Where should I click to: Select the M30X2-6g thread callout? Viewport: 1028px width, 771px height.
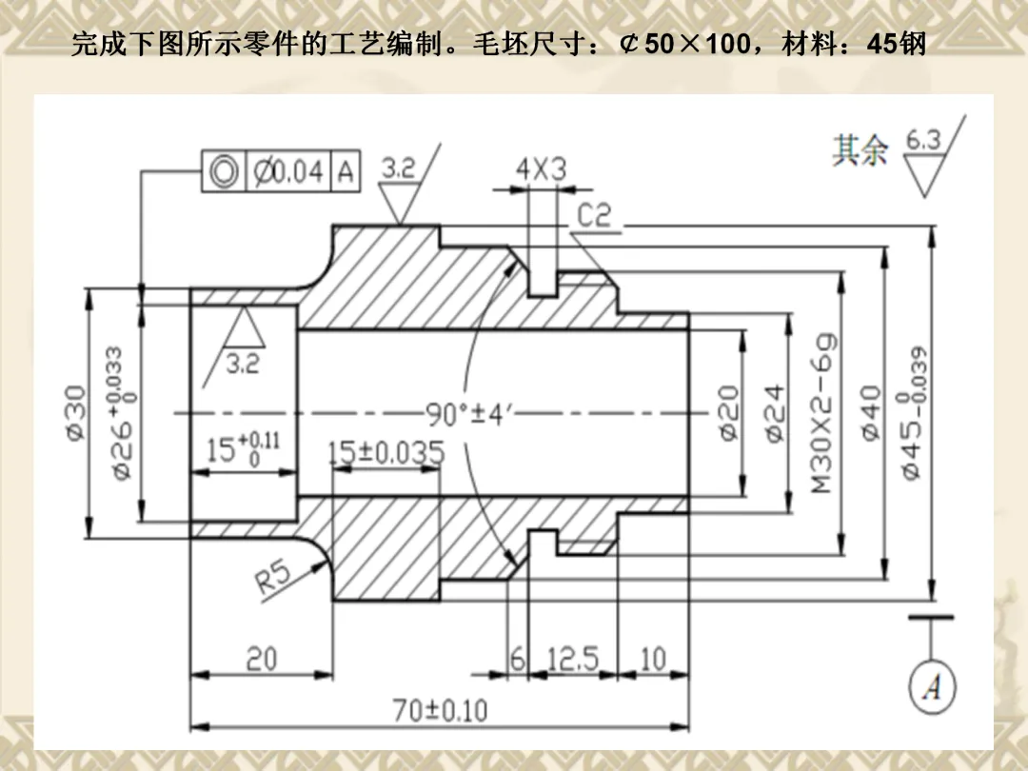[825, 411]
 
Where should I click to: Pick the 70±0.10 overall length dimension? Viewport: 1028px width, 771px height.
[440, 710]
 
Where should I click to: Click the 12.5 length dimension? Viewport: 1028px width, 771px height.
[573, 659]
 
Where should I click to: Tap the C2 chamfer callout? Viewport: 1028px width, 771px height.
[594, 216]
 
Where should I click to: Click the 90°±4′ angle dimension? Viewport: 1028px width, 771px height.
[465, 415]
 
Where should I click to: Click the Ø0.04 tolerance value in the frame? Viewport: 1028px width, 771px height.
[288, 172]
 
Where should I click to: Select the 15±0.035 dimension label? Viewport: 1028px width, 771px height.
[385, 453]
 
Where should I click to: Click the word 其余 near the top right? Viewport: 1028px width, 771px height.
[860, 149]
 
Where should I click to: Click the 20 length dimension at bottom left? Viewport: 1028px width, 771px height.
[261, 659]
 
